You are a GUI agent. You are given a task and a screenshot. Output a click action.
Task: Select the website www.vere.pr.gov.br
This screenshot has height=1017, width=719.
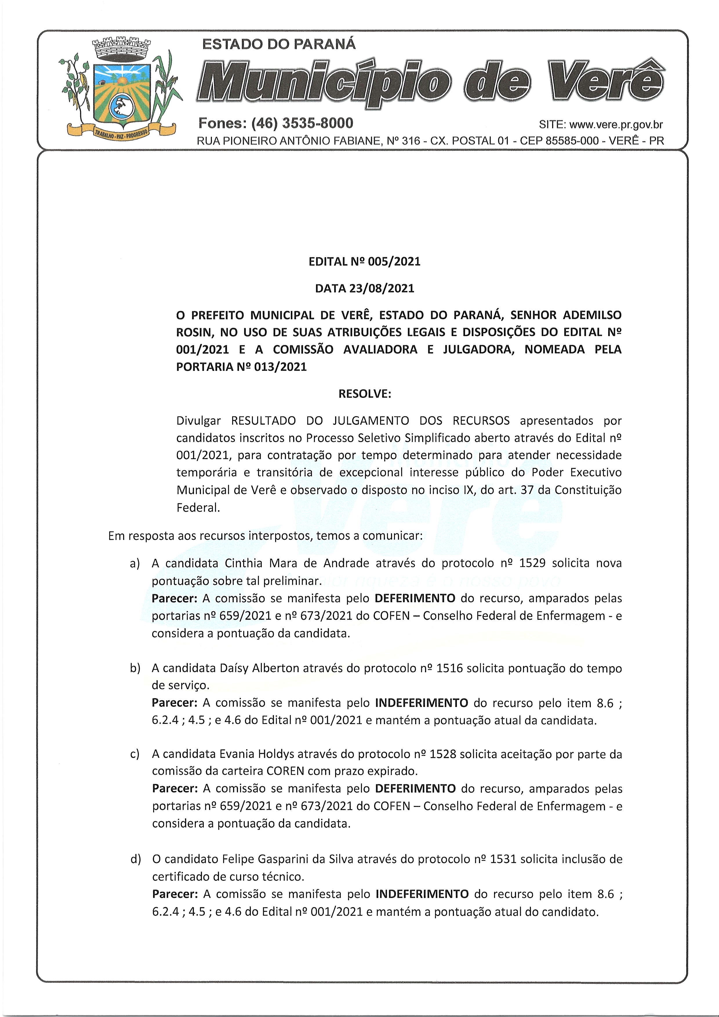pos(616,125)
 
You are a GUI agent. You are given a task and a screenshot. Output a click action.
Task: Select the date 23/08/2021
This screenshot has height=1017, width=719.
pos(382,288)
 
